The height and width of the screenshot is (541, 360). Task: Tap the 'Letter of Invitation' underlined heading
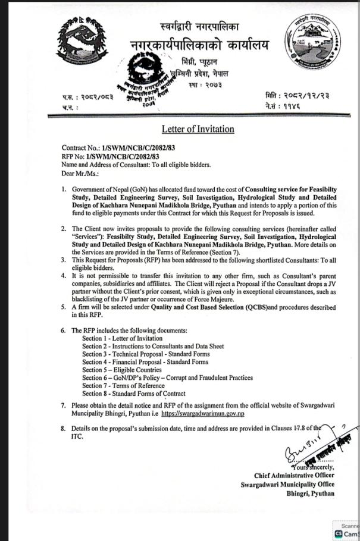tap(198, 129)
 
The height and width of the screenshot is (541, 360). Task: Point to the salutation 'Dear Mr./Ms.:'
tap(80, 173)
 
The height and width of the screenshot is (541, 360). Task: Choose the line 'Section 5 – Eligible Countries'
tap(121, 370)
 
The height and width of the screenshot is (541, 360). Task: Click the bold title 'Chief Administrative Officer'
tap(294, 475)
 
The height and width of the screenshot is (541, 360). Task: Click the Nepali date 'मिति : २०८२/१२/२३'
tap(297, 95)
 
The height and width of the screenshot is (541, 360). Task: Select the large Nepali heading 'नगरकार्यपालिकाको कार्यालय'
tap(199, 45)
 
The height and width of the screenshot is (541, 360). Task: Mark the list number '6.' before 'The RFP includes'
tap(64, 330)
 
